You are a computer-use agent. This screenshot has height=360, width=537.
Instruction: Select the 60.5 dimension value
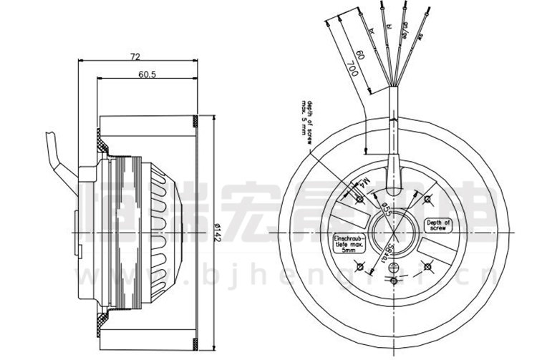(x=147, y=74)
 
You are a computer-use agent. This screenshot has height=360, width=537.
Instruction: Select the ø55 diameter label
(x=384, y=208)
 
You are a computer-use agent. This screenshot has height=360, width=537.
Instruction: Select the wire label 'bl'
(x=390, y=26)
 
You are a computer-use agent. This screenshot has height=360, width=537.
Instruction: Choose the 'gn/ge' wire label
(x=405, y=29)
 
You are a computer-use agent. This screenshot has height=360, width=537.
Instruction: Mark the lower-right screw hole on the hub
(x=428, y=266)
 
